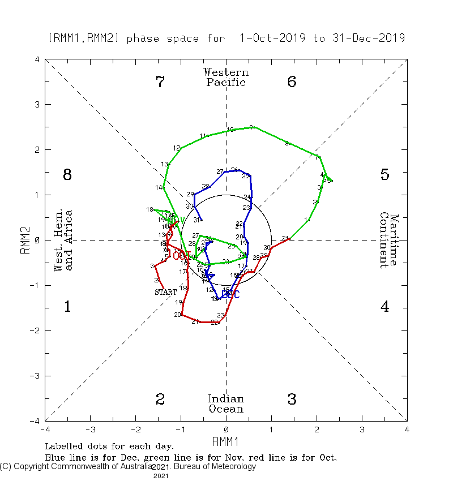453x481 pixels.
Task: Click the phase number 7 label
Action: tap(160, 82)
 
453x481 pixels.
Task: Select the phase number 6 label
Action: tap(292, 82)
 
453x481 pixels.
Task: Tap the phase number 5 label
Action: tap(384, 175)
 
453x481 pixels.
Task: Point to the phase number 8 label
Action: tap(67, 175)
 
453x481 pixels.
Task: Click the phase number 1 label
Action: tap(67, 307)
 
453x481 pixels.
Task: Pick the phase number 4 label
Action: tap(384, 307)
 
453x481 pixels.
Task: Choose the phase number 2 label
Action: tap(160, 400)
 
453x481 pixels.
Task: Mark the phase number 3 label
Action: tap(292, 400)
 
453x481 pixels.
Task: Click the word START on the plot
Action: tap(166, 292)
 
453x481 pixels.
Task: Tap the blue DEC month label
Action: tap(230, 295)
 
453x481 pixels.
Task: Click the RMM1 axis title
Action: tap(226, 441)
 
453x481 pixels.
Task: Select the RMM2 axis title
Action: tap(25, 240)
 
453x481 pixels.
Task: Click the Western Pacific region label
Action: tap(226, 78)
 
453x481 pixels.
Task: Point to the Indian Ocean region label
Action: tap(226, 404)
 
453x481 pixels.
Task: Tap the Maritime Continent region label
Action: tap(389, 240)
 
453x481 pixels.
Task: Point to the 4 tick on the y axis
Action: tap(37, 59)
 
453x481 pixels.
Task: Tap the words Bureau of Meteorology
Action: tap(215, 467)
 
